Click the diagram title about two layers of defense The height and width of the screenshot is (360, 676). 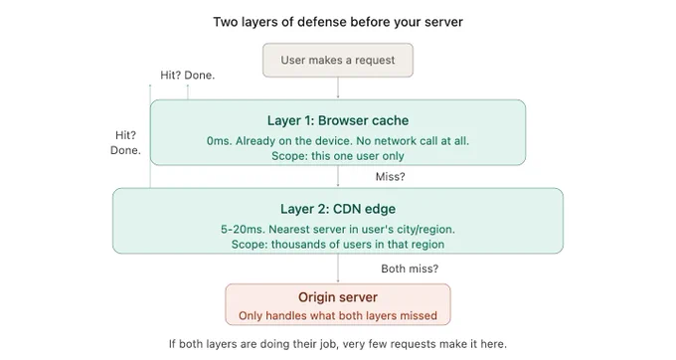tap(338, 22)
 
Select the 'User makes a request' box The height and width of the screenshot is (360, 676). tap(338, 60)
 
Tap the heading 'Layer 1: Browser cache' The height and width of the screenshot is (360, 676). tap(338, 120)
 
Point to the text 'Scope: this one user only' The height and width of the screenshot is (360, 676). tap(338, 156)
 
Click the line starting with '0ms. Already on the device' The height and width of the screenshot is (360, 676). tap(338, 140)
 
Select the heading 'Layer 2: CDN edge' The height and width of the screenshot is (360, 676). tap(338, 209)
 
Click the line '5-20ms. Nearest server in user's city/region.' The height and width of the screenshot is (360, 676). tap(338, 229)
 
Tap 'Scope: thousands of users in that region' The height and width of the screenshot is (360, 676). tap(338, 244)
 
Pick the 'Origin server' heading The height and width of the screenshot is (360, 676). tap(338, 297)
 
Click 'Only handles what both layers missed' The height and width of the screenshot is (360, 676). tap(338, 315)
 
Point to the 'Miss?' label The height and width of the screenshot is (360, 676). tap(390, 177)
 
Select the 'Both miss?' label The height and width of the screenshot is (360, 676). tap(410, 269)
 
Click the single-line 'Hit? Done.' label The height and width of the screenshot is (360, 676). tap(188, 75)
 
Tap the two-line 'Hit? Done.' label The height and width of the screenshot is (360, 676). tap(125, 142)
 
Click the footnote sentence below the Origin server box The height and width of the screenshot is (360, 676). tap(338, 344)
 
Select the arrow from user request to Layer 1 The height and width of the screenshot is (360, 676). tap(338, 88)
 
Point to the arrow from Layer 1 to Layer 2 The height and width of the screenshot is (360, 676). tap(338, 176)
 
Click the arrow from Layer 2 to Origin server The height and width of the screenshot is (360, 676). tap(338, 269)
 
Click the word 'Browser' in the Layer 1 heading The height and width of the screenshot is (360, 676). tap(338, 120)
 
